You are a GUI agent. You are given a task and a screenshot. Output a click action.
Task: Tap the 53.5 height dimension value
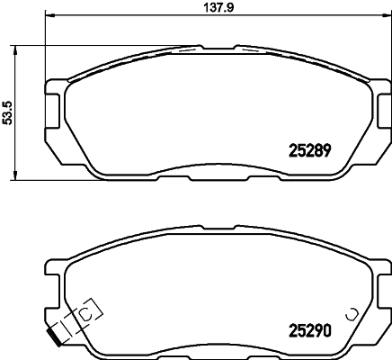click(x=7, y=112)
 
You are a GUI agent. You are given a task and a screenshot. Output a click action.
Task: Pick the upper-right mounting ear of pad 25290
click(x=381, y=266)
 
